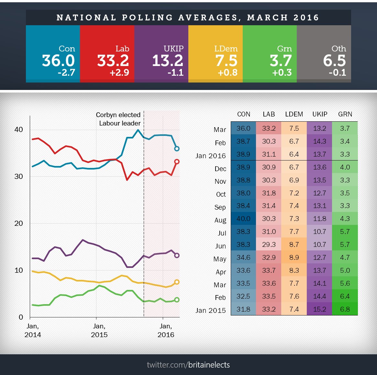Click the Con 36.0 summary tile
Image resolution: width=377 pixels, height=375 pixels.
53,54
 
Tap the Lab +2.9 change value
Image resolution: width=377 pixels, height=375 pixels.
119,72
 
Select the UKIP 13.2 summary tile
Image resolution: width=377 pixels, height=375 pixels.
161,54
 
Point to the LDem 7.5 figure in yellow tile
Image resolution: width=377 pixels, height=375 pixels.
227,61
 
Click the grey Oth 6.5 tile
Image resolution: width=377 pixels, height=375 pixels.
324,54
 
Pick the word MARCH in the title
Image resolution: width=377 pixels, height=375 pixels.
267,17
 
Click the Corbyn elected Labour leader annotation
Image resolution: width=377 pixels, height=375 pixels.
118,119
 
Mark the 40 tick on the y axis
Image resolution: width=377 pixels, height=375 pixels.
19,130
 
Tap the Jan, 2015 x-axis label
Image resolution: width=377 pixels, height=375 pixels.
99,330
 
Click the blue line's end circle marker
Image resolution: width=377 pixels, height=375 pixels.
177,149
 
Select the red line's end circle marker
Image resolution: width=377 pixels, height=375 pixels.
177,161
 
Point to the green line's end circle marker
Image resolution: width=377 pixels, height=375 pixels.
177,300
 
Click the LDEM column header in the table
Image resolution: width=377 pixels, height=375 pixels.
294,114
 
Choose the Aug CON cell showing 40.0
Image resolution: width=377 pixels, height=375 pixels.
243,219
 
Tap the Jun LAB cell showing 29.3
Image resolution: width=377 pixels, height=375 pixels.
269,245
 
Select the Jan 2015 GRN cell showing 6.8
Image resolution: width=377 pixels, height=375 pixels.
345,309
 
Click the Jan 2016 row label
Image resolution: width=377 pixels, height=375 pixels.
210,156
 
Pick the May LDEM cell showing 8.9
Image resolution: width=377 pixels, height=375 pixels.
294,258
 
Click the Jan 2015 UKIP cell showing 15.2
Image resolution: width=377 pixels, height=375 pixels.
319,309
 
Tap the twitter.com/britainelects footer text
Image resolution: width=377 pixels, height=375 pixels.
188,365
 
